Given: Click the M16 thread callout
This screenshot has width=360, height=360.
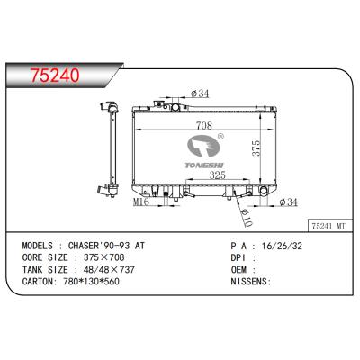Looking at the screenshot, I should tap(140, 202).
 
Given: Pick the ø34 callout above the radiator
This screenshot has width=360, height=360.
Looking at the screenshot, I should tap(200, 93).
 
